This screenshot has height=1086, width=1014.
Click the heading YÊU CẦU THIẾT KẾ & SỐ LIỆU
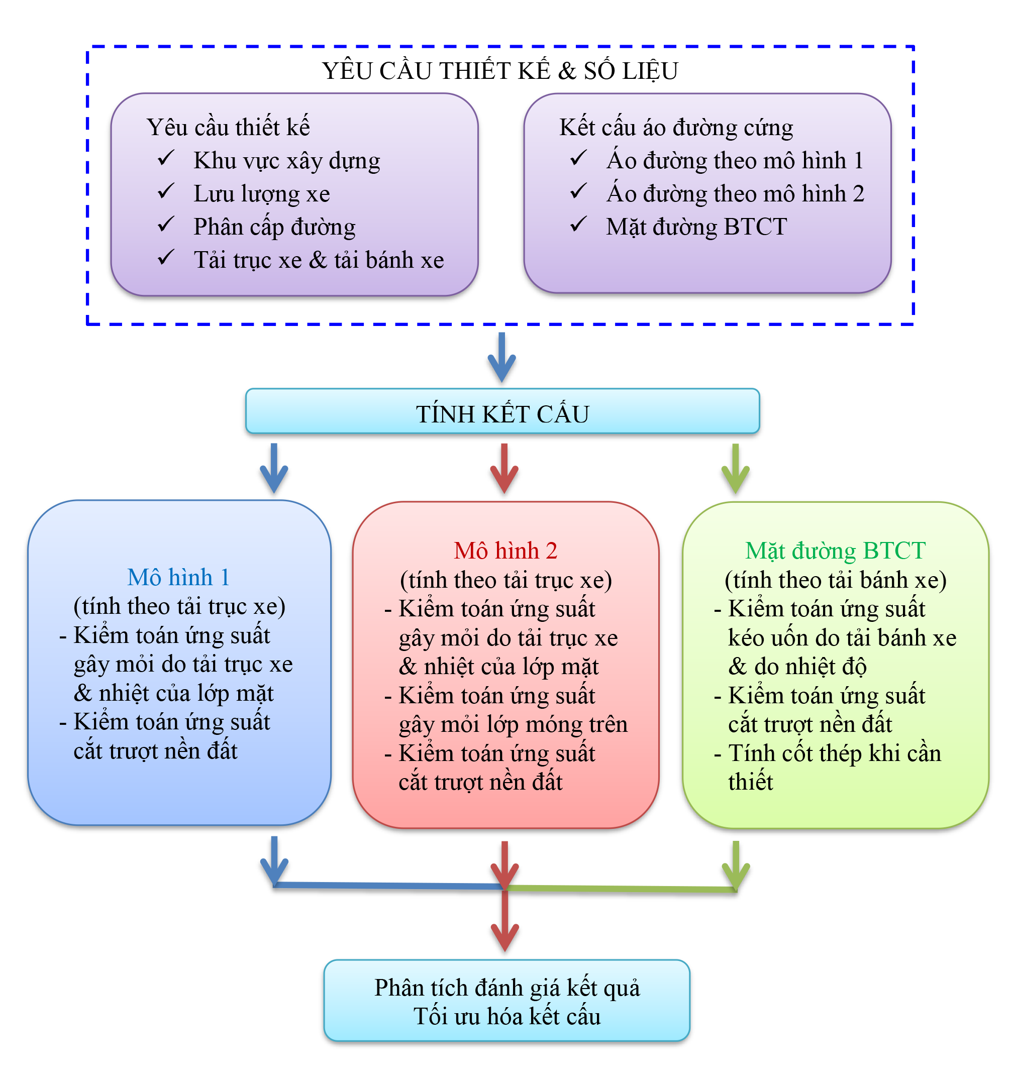[499, 71]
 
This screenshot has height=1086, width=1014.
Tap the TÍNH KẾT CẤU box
[502, 413]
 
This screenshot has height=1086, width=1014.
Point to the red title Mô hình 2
[505, 551]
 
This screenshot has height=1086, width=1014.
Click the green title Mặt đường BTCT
[835, 551]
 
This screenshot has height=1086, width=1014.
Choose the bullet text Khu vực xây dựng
[286, 161]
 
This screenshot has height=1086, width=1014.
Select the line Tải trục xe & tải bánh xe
[318, 260]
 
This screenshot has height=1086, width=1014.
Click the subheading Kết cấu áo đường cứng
[676, 127]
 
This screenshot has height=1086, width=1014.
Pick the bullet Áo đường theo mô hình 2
[735, 194]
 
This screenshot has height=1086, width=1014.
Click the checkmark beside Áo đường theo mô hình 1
[578, 158]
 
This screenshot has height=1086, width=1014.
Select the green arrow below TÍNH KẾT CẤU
[735, 469]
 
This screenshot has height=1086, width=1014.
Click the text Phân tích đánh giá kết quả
[506, 988]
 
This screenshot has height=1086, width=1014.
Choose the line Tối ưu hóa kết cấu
[506, 1017]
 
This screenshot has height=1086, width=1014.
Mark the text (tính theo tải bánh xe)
[835, 580]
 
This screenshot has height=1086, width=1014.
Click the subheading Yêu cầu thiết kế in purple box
[228, 127]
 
